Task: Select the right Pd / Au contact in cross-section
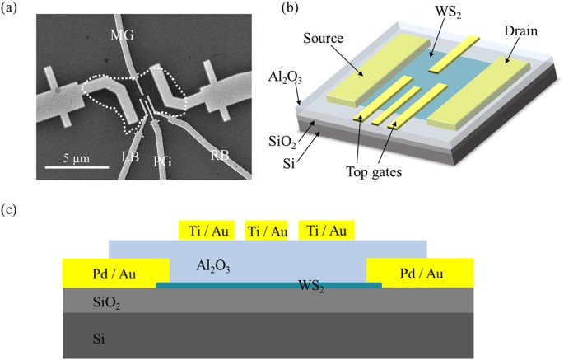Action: point(420,269)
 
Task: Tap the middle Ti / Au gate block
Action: point(267,230)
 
